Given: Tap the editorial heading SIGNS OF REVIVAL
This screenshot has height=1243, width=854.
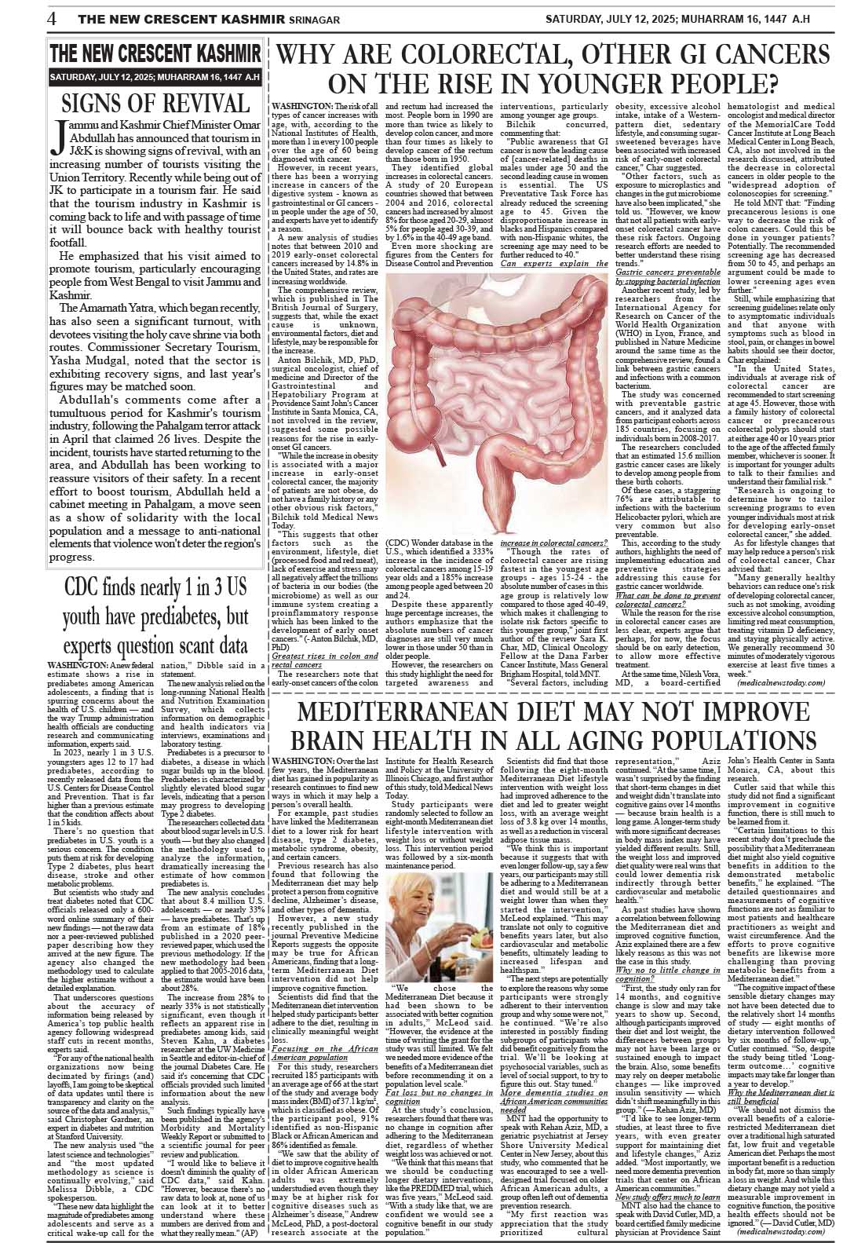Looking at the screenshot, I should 155,103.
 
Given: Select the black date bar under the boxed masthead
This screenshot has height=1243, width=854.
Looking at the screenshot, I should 155,78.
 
